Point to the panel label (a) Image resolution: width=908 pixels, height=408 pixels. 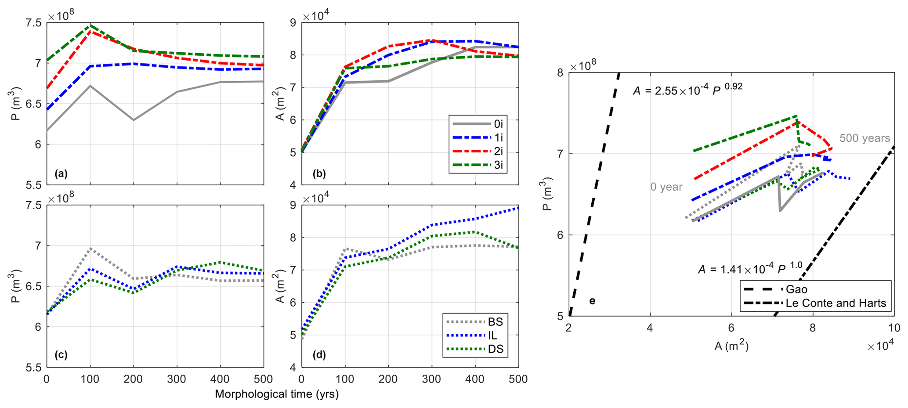click(x=61, y=174)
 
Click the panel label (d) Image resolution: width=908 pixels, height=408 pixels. click(x=319, y=354)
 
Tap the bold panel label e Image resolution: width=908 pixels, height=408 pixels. click(x=592, y=301)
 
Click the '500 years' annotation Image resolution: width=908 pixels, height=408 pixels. click(x=865, y=138)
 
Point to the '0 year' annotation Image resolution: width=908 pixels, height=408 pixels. click(x=666, y=187)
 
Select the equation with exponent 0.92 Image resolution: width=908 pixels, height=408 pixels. click(x=687, y=89)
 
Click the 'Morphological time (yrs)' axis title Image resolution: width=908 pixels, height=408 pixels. click(x=277, y=394)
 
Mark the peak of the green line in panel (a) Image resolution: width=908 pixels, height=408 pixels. click(x=90, y=25)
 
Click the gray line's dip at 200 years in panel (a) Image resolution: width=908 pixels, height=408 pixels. click(x=134, y=120)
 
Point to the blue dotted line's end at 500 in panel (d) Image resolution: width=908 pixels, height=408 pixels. click(x=518, y=208)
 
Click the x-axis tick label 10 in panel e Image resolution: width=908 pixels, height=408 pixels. click(x=894, y=328)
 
